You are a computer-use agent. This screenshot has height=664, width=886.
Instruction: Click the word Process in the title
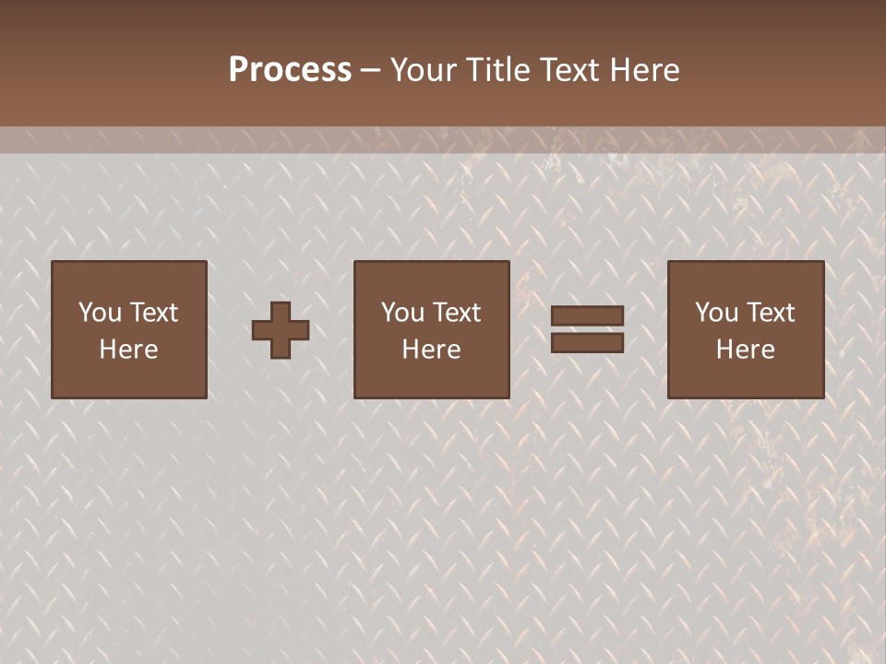[290, 70]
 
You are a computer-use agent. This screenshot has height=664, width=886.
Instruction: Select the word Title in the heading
[498, 70]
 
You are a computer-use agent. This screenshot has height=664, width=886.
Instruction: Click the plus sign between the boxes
[281, 330]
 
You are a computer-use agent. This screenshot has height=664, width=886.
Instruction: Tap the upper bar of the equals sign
[587, 315]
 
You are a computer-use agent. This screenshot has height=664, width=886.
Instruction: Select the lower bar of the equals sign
[587, 343]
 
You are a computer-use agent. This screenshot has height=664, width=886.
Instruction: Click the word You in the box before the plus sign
[100, 313]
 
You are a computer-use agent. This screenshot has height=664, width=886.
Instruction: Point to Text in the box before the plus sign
[153, 313]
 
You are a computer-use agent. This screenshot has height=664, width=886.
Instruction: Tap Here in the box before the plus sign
[128, 350]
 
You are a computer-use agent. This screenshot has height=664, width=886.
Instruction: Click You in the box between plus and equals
[402, 313]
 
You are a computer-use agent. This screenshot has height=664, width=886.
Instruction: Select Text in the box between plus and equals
[456, 313]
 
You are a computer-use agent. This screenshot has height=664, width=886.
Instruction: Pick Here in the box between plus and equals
[431, 350]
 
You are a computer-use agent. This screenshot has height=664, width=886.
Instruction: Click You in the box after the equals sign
[716, 313]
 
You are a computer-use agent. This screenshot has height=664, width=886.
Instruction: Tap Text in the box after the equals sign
[770, 313]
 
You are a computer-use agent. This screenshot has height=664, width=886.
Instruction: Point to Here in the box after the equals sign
[745, 350]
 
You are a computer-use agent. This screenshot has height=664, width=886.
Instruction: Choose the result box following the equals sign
[746, 378]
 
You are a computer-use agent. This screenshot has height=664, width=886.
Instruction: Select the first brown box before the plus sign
[128, 378]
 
